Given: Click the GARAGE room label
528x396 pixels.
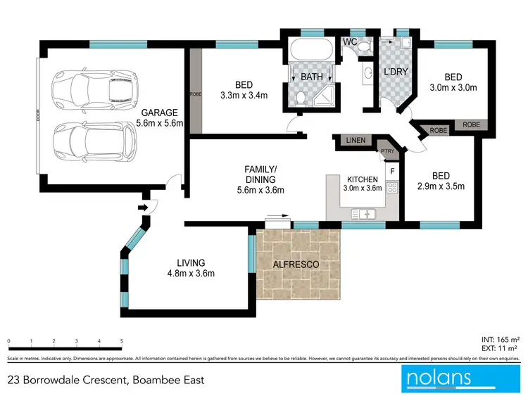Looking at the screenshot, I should tap(160, 112).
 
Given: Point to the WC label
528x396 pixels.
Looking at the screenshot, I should tap(350, 42).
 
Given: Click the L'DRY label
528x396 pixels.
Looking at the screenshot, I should tap(396, 72).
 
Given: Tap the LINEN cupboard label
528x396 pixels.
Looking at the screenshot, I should tap(356, 141).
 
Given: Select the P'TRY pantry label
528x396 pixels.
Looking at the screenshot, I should tap(386, 151).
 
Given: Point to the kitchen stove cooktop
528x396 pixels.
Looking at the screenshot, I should tap(392, 189).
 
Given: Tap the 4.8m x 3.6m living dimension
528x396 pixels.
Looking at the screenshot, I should tap(190, 274).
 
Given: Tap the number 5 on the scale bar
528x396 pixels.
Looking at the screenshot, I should tap(122, 341).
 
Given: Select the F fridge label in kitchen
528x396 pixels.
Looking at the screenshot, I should tap(392, 171).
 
